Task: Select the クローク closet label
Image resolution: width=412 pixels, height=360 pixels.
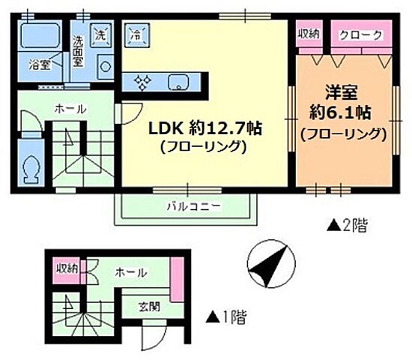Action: click(362, 35)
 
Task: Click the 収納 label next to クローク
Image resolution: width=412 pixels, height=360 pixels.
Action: click(309, 34)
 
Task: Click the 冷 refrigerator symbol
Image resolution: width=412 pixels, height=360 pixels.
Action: click(136, 34)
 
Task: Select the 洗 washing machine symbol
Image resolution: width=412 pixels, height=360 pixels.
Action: click(100, 34)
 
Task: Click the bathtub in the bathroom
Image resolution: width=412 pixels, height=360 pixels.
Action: click(40, 37)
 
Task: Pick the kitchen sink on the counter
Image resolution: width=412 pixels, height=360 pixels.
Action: click(178, 82)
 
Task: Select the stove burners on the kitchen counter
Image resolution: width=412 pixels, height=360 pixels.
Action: click(142, 82)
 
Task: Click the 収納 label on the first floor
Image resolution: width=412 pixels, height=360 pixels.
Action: click(67, 268)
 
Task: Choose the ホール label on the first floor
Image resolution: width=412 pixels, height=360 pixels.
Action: click(130, 272)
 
